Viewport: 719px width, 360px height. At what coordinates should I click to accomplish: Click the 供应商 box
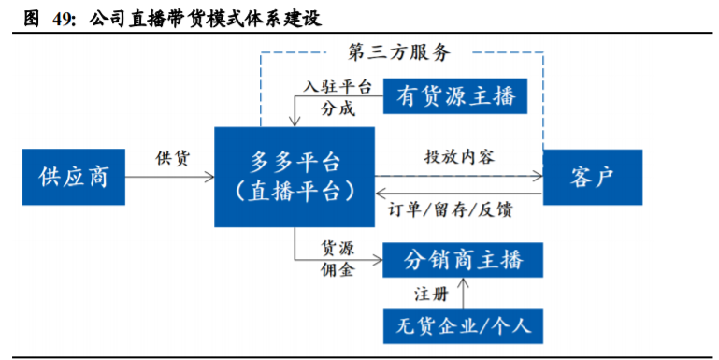tap(74, 176)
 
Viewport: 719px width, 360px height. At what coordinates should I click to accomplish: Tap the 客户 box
tap(593, 176)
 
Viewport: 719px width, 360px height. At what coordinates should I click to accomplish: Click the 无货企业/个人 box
tap(463, 325)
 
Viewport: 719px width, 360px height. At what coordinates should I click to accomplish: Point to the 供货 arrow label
tap(173, 157)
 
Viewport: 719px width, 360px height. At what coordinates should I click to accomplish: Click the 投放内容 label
tap(459, 156)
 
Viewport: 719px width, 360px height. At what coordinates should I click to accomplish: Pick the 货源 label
tap(338, 247)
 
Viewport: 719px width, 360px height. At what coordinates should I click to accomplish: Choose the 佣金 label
tap(338, 270)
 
